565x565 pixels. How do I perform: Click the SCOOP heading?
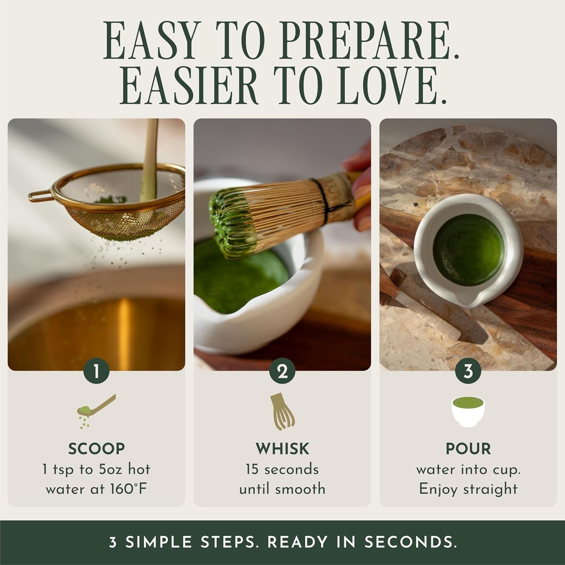click(96, 449)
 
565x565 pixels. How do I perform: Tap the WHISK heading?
click(282, 449)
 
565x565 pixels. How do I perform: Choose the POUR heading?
click(468, 449)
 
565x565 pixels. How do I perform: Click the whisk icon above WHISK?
click(282, 412)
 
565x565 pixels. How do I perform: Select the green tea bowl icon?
click(468, 412)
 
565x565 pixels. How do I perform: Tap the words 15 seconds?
click(282, 469)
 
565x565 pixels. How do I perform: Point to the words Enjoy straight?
click(468, 489)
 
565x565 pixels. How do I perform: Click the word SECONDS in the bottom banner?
click(411, 542)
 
